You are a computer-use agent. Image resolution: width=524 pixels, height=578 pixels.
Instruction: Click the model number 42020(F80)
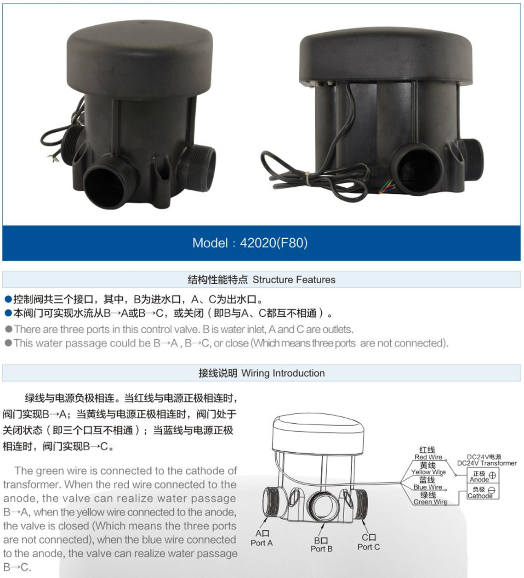click(x=273, y=243)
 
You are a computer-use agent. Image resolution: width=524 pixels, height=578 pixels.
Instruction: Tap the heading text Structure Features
click(x=294, y=280)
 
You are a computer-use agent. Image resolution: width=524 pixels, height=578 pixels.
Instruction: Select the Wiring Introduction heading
click(x=283, y=373)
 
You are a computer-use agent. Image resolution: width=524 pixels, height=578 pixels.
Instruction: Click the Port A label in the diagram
click(x=262, y=543)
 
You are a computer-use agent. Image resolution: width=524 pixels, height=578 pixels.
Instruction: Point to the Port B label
click(x=321, y=549)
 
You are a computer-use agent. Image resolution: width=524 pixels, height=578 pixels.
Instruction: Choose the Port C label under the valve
click(x=369, y=547)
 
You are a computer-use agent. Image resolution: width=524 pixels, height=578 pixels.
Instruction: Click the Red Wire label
click(x=428, y=457)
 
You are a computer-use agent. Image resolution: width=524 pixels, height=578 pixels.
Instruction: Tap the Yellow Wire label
click(x=428, y=472)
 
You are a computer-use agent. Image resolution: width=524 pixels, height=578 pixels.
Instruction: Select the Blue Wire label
click(x=427, y=487)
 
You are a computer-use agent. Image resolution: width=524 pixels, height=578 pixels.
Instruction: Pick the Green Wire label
click(x=430, y=502)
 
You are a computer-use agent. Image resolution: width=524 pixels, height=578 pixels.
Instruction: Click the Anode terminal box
click(x=483, y=476)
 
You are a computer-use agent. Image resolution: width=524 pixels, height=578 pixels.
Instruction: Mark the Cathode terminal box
click(x=483, y=491)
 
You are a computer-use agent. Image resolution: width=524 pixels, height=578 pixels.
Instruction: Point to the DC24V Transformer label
click(x=487, y=463)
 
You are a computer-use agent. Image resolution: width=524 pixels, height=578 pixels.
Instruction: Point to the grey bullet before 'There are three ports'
click(x=8, y=329)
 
